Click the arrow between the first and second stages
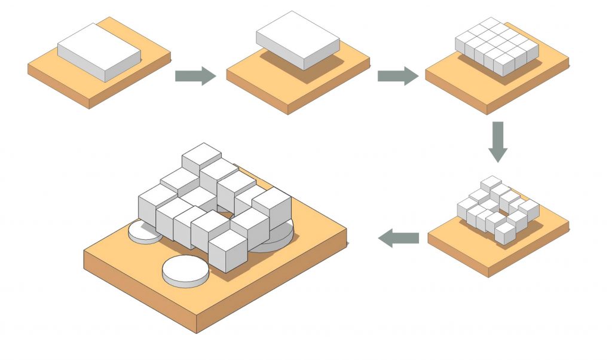tap(195, 76)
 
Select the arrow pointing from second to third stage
tap(397, 76)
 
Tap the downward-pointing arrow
tap(497, 141)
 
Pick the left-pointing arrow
tap(399, 238)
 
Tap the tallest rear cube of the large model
tap(201, 157)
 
